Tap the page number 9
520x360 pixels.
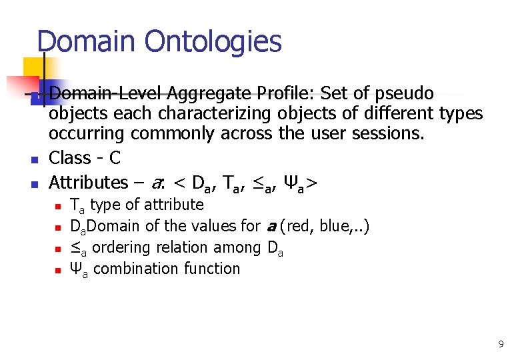[500, 344]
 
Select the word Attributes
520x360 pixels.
[88, 182]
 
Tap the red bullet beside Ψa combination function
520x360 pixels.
[57, 271]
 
